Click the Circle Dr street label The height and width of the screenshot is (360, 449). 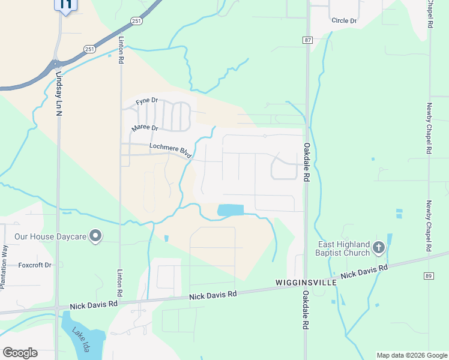pos(345,21)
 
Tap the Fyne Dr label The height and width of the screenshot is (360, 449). pos(146,102)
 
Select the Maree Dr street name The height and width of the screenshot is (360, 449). pos(145,128)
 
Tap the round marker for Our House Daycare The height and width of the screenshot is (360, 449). pos(95,236)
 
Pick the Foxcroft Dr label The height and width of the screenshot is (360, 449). pos(35,265)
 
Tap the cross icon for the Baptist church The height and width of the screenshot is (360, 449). pos(378,247)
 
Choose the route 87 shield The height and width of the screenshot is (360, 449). pos(307,40)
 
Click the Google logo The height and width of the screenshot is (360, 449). pos(20,353)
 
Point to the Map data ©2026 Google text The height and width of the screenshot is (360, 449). pos(411,355)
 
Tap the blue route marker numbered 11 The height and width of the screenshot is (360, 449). pos(65,5)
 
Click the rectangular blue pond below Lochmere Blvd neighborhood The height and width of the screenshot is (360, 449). pos(231,210)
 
